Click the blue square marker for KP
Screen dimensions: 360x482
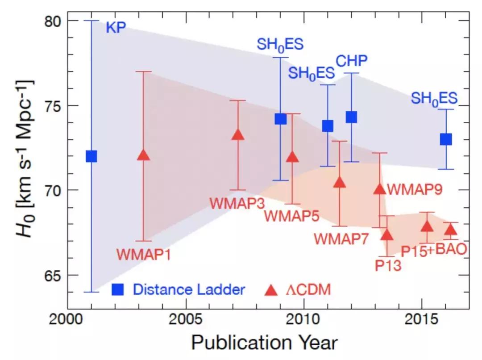[x=91, y=156]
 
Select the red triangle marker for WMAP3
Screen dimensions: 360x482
[x=238, y=134]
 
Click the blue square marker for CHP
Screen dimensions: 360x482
[x=351, y=117]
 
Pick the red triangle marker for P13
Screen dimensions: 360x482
[x=387, y=234]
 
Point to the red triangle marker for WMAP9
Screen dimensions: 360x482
[x=379, y=189]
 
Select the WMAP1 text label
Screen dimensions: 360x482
[x=144, y=254]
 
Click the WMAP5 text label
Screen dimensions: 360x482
[x=291, y=216]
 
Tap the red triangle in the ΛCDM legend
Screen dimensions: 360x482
[x=270, y=290]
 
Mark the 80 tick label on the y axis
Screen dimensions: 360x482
[x=54, y=21]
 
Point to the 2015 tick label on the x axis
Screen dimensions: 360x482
[x=422, y=321]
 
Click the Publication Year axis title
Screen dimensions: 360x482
[x=264, y=343]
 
